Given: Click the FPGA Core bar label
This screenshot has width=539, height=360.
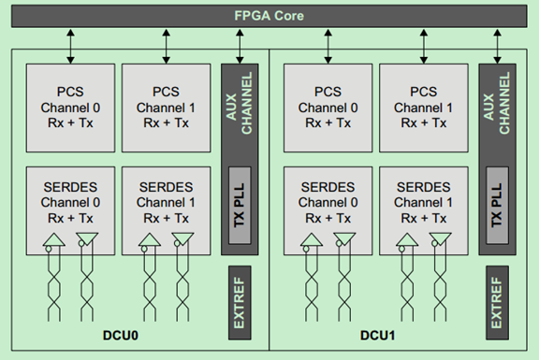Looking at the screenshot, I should (x=269, y=17).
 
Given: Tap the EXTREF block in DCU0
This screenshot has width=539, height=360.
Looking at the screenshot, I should (x=238, y=302).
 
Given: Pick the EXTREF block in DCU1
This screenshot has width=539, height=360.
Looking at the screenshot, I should (x=496, y=302).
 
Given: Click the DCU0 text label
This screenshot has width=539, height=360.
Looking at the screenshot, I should (x=120, y=334).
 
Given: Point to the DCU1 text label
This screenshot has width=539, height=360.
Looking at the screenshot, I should (x=378, y=334).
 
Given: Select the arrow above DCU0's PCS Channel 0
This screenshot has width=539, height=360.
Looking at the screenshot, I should (x=69, y=44).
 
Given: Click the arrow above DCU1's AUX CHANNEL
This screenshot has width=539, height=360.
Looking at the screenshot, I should (x=496, y=44).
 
